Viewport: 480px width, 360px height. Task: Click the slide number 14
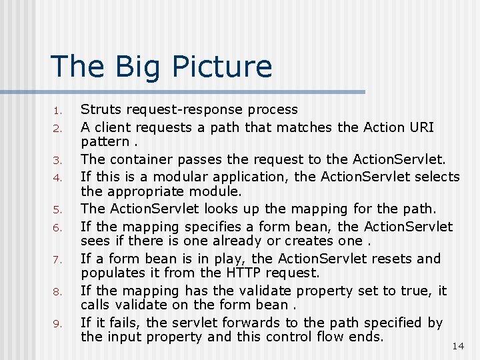(458, 345)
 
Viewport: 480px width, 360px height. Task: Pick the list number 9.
(58, 325)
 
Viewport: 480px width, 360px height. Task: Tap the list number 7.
(58, 260)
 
